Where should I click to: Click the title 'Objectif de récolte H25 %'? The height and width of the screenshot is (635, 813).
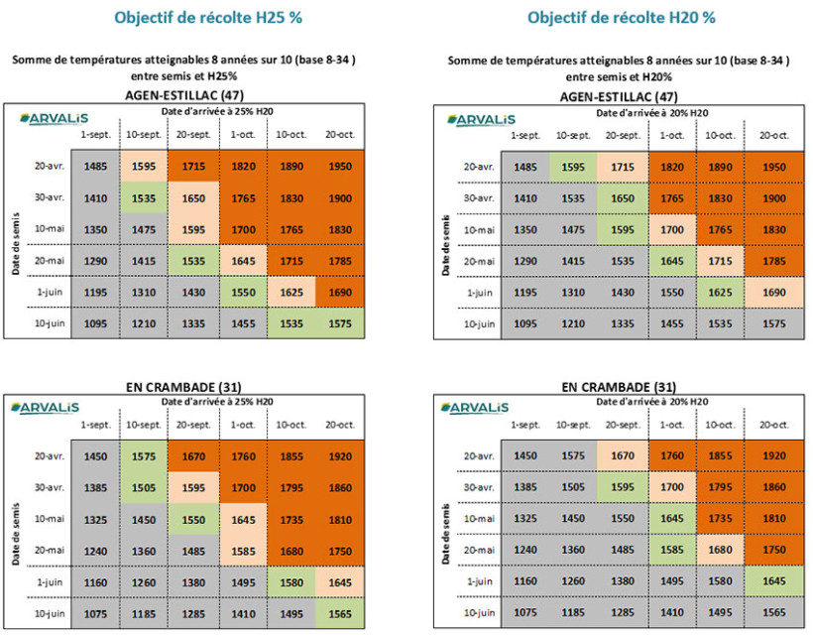(194, 17)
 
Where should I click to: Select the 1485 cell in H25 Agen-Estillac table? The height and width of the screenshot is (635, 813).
(96, 166)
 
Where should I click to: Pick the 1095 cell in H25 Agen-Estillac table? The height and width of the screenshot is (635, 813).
(96, 322)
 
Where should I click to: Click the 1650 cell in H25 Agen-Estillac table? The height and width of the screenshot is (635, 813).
(193, 197)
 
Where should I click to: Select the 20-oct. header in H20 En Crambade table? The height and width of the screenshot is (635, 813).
(773, 424)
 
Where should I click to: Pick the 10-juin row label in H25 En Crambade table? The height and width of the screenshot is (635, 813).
(45, 613)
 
